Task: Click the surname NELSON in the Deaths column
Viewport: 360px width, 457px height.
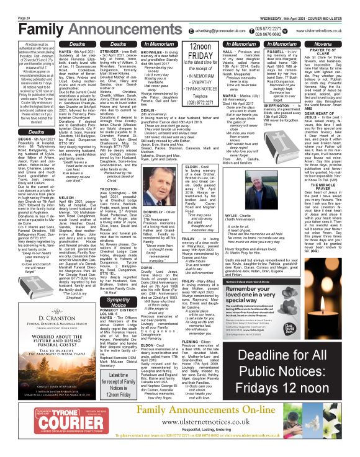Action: [68, 198]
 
